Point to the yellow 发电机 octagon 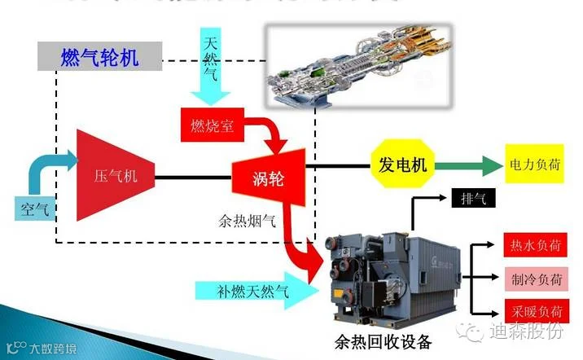(402, 165)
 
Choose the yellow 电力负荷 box (533, 165)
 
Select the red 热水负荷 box (533, 245)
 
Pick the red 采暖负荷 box (533, 310)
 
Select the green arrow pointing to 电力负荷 (468, 165)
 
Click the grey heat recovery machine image (392, 273)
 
